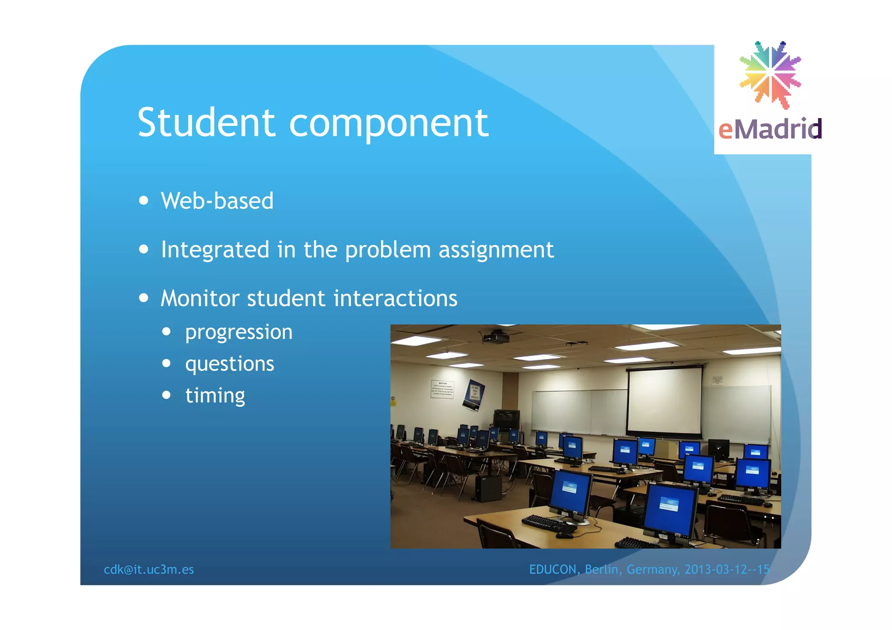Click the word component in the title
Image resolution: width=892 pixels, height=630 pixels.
389,124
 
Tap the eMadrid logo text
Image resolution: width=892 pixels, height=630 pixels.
770,130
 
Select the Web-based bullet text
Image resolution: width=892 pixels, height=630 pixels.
217,201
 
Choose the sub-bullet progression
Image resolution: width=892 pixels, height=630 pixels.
239,333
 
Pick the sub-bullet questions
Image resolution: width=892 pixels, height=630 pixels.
230,364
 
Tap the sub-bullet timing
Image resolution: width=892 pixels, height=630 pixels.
215,396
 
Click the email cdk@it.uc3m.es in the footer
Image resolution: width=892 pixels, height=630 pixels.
149,569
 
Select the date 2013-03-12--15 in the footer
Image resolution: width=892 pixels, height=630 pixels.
727,569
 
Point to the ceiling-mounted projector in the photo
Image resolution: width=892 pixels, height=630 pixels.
496,336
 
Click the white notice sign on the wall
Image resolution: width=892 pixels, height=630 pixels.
442,389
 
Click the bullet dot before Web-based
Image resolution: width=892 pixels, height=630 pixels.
144,201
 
